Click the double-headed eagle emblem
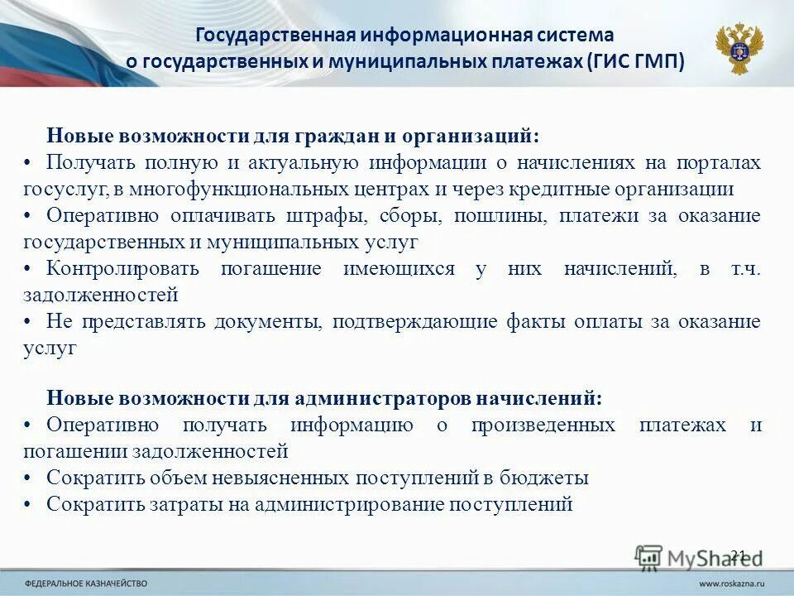[x=739, y=48]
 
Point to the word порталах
[x=718, y=162]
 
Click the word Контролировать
[x=122, y=268]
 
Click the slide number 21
[x=739, y=555]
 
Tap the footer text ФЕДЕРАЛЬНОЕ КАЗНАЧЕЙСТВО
[x=86, y=583]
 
